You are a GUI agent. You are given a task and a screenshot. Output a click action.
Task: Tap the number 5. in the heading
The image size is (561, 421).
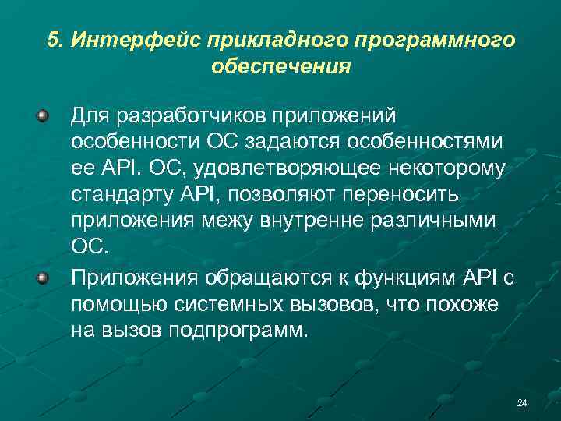point(54,40)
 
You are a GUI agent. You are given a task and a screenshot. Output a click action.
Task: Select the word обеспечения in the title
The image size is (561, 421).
point(280,66)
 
